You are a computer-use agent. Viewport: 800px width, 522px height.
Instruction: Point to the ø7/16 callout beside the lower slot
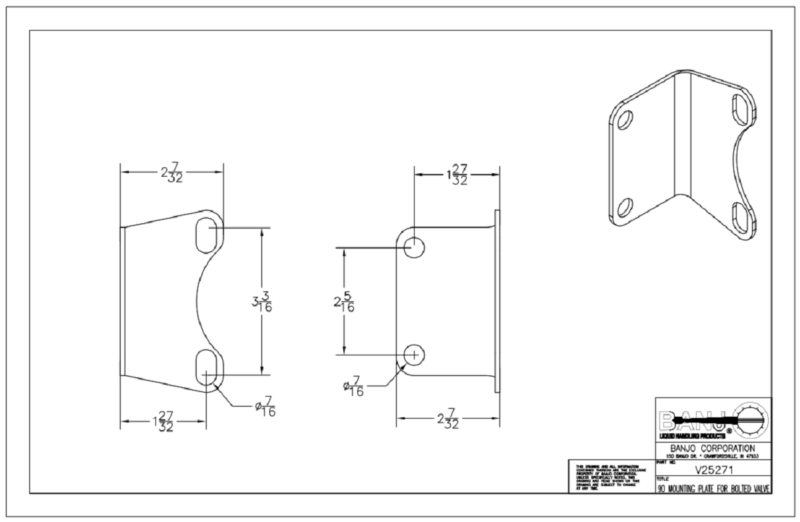(x=265, y=407)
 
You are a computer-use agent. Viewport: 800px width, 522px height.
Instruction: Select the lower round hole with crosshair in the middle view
(x=415, y=355)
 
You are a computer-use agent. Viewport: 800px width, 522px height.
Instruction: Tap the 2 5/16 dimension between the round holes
(x=344, y=302)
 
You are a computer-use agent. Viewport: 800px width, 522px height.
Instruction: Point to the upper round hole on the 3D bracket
(x=625, y=119)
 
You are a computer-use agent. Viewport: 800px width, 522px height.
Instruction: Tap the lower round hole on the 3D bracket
(x=625, y=208)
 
